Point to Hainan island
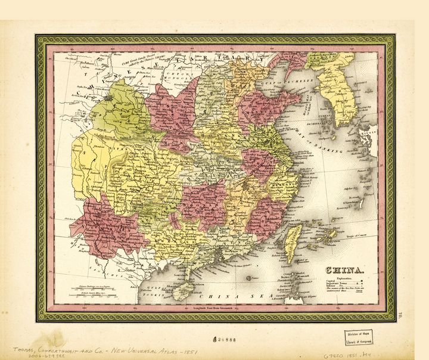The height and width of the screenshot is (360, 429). tap(182, 291)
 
